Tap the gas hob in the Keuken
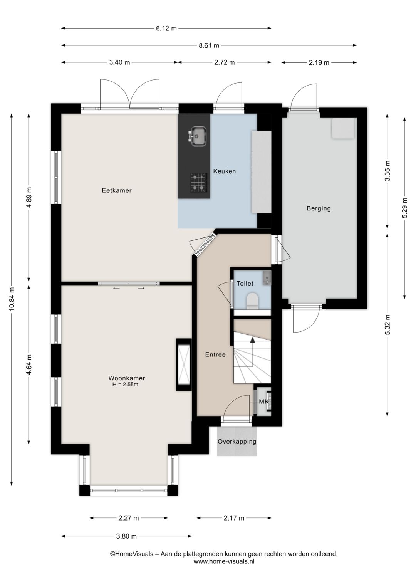point(199,182)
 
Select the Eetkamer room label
point(117,190)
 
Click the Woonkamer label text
point(126,378)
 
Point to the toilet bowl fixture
point(252,300)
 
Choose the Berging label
point(319,208)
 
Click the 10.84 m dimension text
point(12,299)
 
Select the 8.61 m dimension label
point(209,45)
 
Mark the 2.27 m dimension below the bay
point(128,518)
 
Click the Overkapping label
point(237,441)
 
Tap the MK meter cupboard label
point(263,402)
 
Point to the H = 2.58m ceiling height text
point(125,385)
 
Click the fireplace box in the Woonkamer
point(184,365)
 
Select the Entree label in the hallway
point(215,354)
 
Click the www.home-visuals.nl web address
point(224,561)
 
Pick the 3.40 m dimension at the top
point(119,62)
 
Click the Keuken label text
point(225,171)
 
